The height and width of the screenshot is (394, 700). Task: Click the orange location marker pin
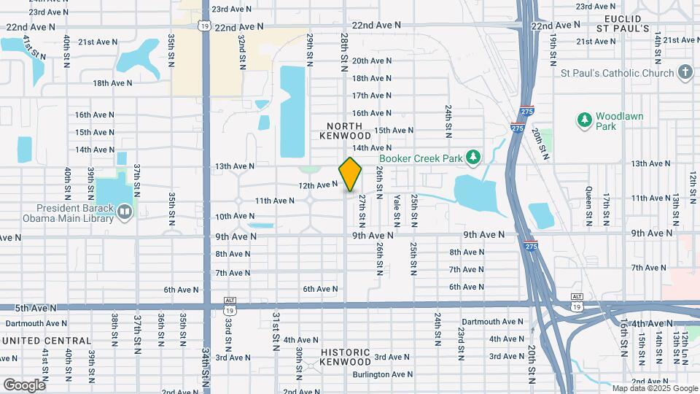(x=351, y=175)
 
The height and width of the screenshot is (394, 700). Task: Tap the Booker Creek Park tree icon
(x=474, y=157)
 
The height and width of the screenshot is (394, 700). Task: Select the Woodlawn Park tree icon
(x=583, y=119)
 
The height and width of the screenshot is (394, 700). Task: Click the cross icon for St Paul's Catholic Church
(x=685, y=72)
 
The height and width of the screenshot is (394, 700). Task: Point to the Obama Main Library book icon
(x=125, y=212)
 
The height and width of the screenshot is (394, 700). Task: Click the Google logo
(x=23, y=385)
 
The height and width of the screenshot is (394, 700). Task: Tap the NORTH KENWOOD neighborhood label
(x=346, y=131)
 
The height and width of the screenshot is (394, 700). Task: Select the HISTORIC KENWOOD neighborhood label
(x=346, y=357)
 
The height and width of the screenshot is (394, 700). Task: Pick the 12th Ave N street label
(x=318, y=185)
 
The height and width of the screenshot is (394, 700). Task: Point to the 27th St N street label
(x=362, y=211)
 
